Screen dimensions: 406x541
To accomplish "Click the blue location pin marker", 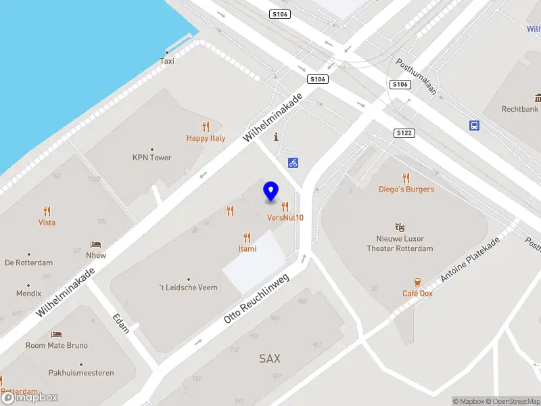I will tap(271, 191).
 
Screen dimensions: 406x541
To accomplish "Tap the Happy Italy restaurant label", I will tap(206, 138).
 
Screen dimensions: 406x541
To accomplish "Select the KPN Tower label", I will tap(151, 158).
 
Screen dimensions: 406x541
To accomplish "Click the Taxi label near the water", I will tap(167, 61).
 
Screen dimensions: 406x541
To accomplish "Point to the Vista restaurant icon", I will tap(47, 211).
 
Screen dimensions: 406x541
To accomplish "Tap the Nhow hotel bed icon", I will tap(96, 244).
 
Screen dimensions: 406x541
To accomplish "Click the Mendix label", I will tap(28, 294).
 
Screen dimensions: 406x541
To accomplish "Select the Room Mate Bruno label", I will tap(57, 345).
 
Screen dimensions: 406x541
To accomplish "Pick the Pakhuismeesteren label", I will tap(81, 373).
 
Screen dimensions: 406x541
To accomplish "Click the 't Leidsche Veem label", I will tap(188, 288).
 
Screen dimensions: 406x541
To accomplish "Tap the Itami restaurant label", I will tap(247, 248).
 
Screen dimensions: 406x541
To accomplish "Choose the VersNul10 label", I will tap(285, 217).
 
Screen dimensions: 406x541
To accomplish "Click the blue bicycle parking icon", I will tap(293, 162).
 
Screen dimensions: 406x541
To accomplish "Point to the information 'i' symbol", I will tap(276, 137).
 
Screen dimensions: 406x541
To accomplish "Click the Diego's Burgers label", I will tap(406, 189).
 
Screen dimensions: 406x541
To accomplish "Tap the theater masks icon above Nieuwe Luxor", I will tap(400, 227).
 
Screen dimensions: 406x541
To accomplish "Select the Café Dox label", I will tap(417, 293).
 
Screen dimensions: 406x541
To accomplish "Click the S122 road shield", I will tap(404, 133).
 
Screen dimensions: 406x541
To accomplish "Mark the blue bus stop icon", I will tap(475, 125).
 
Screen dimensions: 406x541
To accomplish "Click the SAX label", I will tap(269, 359).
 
